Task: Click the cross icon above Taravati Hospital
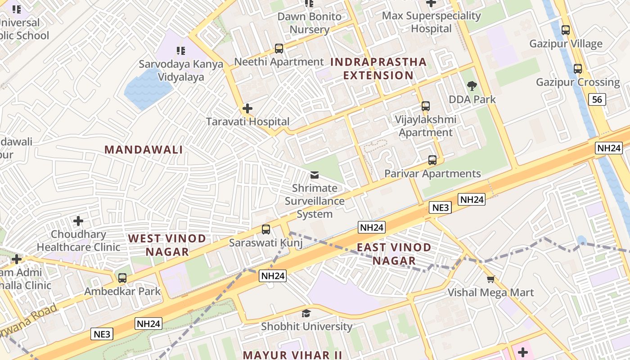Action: tap(247, 108)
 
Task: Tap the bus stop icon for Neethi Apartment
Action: tap(279, 49)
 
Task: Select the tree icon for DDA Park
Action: tap(472, 86)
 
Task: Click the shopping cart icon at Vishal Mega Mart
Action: tap(490, 279)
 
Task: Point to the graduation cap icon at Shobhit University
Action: tap(306, 313)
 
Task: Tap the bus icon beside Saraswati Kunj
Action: tap(266, 229)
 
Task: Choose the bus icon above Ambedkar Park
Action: tap(122, 278)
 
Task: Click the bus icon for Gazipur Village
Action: tap(566, 31)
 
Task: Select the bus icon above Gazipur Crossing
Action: tap(578, 69)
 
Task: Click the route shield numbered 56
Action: tap(597, 99)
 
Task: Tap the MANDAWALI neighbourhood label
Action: tap(144, 150)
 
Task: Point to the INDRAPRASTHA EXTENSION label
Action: tap(378, 68)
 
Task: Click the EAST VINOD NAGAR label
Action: tap(394, 254)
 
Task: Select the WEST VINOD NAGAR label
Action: tap(167, 245)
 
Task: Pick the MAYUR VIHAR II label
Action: tap(292, 355)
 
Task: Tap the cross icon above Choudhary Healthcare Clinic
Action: tap(78, 221)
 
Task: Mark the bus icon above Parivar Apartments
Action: tap(432, 160)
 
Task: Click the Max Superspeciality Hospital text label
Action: tap(431, 22)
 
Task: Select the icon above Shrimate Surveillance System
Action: tap(315, 175)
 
